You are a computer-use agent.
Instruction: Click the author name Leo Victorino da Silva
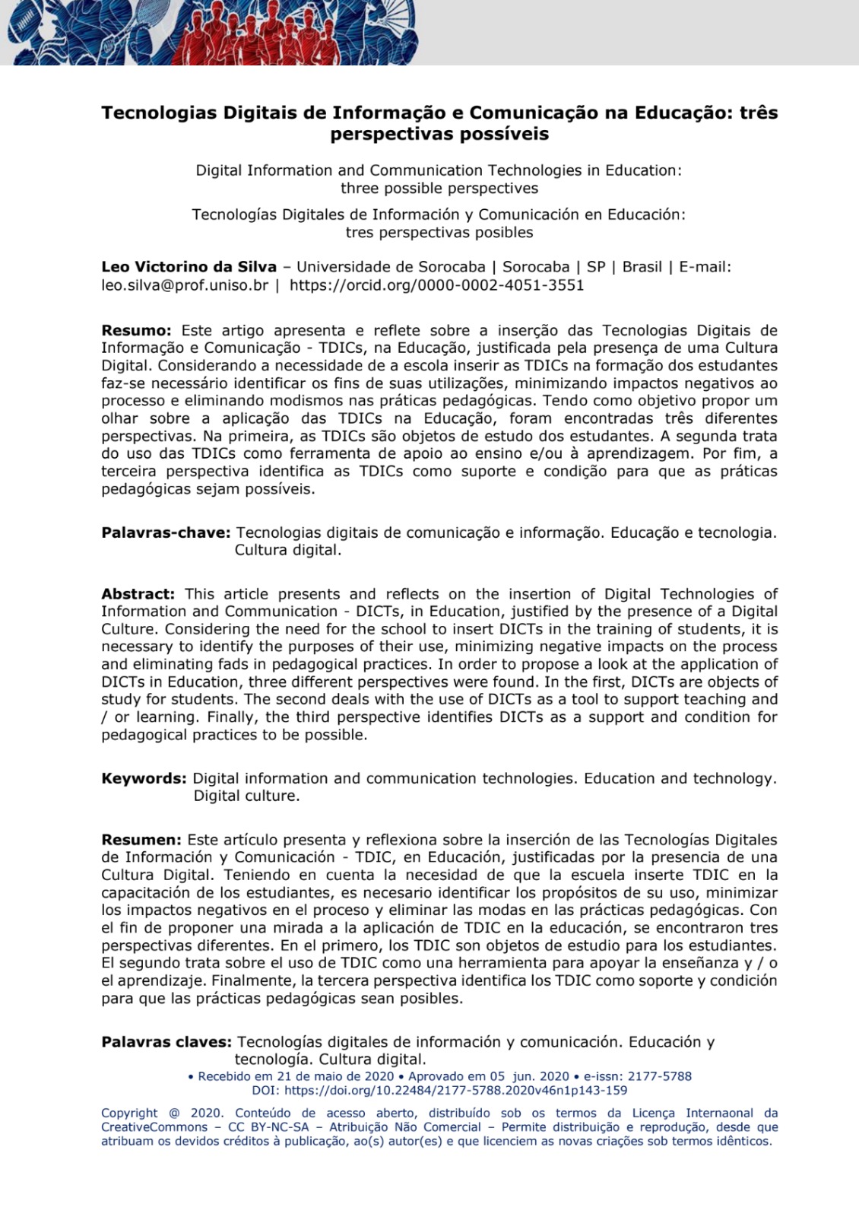(189, 267)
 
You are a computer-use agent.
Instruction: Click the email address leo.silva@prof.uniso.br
(185, 285)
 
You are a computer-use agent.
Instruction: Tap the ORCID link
(436, 285)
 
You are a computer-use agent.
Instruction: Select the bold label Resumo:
(136, 331)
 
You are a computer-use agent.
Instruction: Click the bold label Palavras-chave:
(166, 532)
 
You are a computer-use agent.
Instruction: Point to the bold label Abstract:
(138, 594)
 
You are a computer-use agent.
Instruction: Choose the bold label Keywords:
(144, 779)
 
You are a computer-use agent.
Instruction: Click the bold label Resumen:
(141, 840)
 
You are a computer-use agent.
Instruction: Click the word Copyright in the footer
(129, 1113)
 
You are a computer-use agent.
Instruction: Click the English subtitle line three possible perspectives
(439, 188)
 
